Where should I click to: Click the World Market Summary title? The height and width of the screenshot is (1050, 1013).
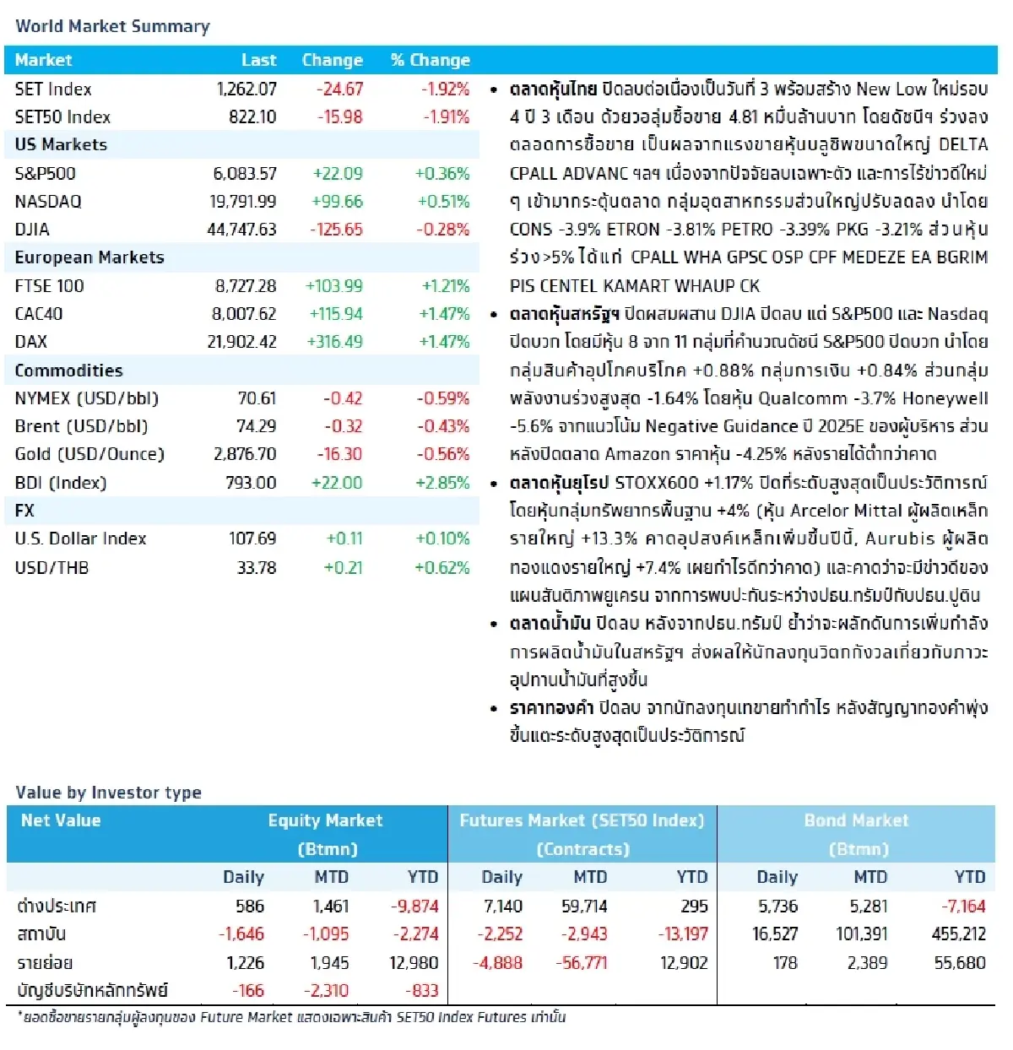[x=112, y=26]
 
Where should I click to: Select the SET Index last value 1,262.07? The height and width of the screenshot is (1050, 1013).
[x=246, y=89]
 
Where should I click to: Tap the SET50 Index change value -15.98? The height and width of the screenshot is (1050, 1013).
[x=339, y=116]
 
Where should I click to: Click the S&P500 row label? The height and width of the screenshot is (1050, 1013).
[x=45, y=173]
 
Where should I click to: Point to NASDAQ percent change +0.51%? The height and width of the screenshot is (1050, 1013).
[x=443, y=201]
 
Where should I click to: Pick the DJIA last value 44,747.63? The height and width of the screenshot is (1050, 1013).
[x=241, y=229]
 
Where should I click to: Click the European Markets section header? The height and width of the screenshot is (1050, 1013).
[x=89, y=257]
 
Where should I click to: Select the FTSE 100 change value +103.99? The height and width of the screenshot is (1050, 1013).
[x=334, y=286]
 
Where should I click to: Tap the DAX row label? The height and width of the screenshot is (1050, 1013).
[x=31, y=342]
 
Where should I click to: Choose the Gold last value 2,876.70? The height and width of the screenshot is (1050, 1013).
[x=245, y=454]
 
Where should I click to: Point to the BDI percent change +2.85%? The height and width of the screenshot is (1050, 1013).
[x=442, y=483]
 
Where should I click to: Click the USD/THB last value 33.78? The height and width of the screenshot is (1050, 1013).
[x=257, y=567]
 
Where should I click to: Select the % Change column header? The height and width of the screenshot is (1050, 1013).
[x=431, y=60]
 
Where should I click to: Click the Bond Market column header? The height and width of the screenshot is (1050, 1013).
[x=856, y=820]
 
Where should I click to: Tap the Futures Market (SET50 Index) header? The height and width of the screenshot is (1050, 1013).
[x=582, y=820]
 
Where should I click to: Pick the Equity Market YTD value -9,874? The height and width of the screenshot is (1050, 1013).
[x=414, y=906]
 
